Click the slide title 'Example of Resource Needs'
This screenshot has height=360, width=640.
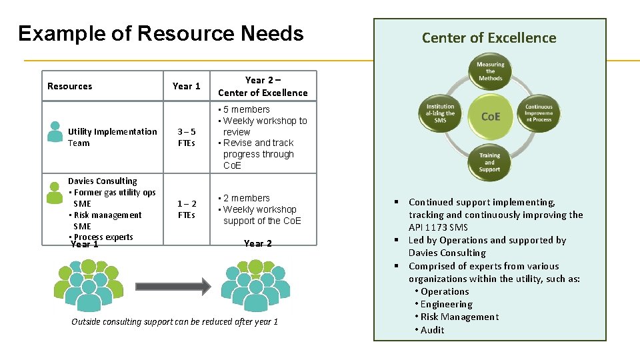click(161, 33)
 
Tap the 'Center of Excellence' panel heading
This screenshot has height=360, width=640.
click(489, 38)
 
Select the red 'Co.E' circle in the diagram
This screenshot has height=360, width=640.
click(490, 116)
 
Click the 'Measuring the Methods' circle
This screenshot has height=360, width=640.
click(490, 71)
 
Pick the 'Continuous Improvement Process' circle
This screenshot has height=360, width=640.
click(538, 113)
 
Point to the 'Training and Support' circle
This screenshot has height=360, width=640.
click(490, 162)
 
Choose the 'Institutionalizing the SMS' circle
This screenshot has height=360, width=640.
click(440, 113)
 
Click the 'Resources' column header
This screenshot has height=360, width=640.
click(70, 86)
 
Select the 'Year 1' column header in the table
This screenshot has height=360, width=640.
click(186, 86)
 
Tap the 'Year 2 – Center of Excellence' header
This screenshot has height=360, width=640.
click(263, 86)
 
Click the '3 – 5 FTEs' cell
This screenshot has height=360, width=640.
click(186, 137)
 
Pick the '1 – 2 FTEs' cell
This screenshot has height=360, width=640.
click(186, 209)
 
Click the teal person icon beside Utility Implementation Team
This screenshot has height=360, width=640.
click(55, 131)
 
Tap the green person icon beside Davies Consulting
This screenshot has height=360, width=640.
click(55, 192)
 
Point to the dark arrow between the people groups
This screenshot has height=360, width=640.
click(173, 287)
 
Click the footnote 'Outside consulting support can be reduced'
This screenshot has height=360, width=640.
click(175, 322)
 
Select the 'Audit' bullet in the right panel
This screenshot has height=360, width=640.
click(432, 330)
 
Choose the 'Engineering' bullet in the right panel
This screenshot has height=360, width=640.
click(446, 304)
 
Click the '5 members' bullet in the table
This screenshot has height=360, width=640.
click(246, 109)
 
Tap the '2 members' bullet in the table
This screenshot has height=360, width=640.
click(246, 198)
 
